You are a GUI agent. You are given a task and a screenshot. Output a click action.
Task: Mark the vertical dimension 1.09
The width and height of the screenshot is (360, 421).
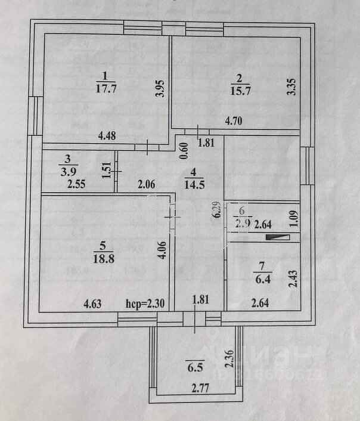point(293,216)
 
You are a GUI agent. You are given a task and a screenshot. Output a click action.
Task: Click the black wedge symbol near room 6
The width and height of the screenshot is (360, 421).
point(278,237)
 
